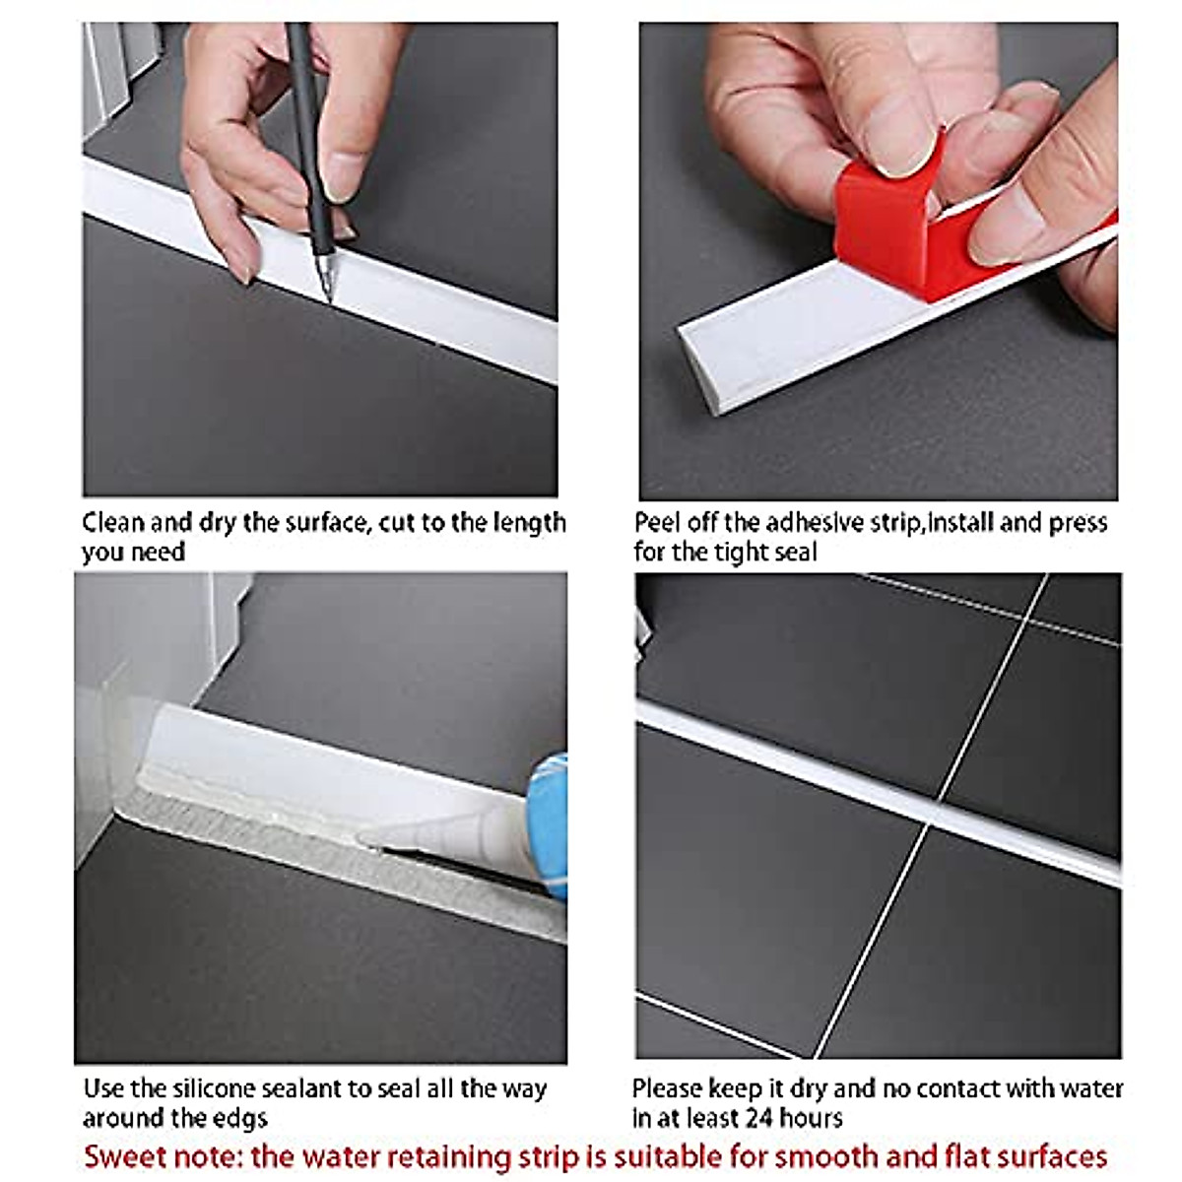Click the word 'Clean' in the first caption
[113, 523]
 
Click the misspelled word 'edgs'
[241, 1119]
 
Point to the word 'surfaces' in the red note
[1053, 1156]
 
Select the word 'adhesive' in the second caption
[811, 523]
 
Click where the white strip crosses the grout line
[934, 811]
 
